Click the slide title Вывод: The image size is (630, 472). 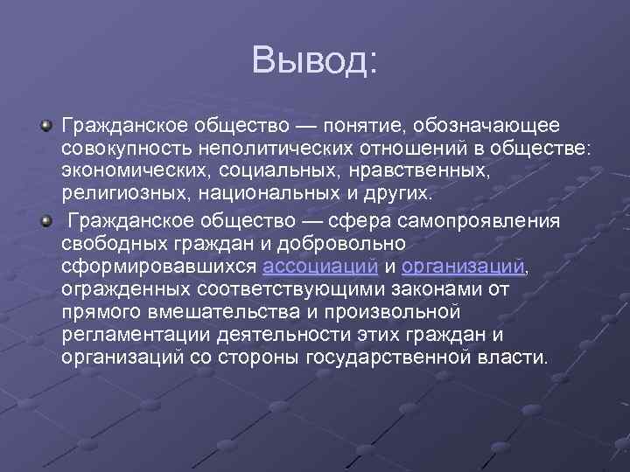(314, 60)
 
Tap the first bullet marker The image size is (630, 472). (46, 128)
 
